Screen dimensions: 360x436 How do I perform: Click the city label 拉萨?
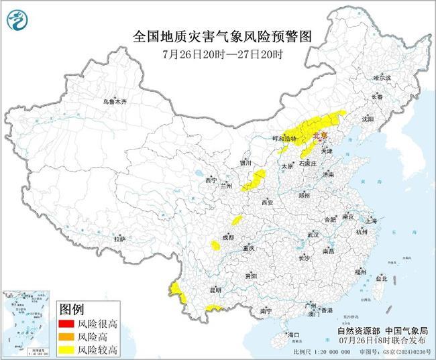pyautogui.click(x=119, y=239)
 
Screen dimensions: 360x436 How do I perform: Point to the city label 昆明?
pyautogui.click(x=215, y=290)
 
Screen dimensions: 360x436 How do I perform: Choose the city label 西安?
pyautogui.click(x=268, y=202)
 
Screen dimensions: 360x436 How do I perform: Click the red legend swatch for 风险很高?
pyautogui.click(x=66, y=324)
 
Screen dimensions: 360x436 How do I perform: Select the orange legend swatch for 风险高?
pyautogui.click(x=66, y=337)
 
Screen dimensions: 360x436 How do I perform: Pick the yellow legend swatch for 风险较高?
pyautogui.click(x=66, y=349)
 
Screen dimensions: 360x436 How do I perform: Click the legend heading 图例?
pyautogui.click(x=72, y=309)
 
